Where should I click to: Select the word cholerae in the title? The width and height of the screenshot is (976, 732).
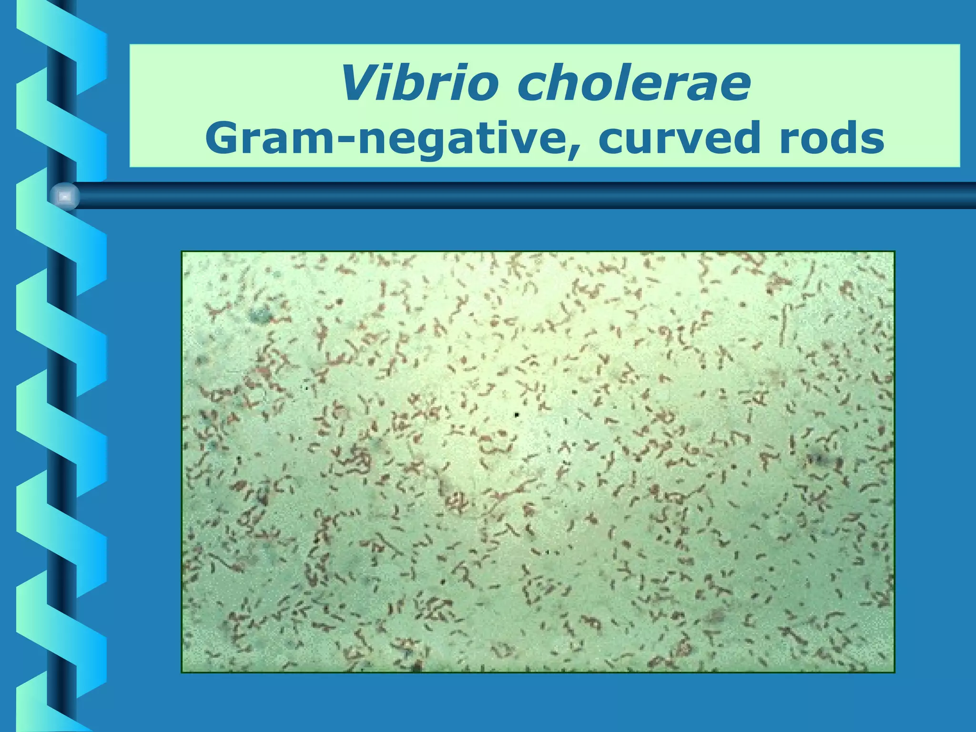pos(634,84)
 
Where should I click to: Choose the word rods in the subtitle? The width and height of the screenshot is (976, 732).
pos(832,138)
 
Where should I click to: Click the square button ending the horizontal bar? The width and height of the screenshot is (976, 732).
pos(65,196)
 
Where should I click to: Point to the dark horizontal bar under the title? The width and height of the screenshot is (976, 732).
pos(524,196)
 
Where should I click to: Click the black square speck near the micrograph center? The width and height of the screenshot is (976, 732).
pos(517,416)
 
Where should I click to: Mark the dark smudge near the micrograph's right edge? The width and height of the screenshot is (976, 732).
pos(819,459)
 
